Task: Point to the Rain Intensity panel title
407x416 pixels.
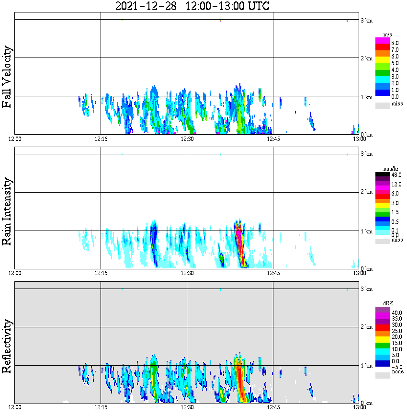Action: point(7,211)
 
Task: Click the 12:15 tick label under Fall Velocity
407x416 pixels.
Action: point(101,139)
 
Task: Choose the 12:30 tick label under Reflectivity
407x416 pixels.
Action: point(187,407)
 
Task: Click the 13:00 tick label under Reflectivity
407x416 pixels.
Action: point(359,407)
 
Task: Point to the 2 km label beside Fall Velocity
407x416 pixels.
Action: point(366,58)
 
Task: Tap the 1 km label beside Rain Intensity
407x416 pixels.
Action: point(366,231)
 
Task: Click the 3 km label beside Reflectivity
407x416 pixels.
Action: point(366,289)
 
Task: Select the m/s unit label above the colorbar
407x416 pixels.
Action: point(388,34)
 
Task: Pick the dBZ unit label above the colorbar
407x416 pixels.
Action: point(388,303)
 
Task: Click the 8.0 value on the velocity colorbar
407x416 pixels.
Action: point(395,43)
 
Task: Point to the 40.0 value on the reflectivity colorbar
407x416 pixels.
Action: point(396,312)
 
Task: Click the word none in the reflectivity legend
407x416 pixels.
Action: point(397,372)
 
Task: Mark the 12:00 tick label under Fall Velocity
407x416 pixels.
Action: point(15,139)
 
